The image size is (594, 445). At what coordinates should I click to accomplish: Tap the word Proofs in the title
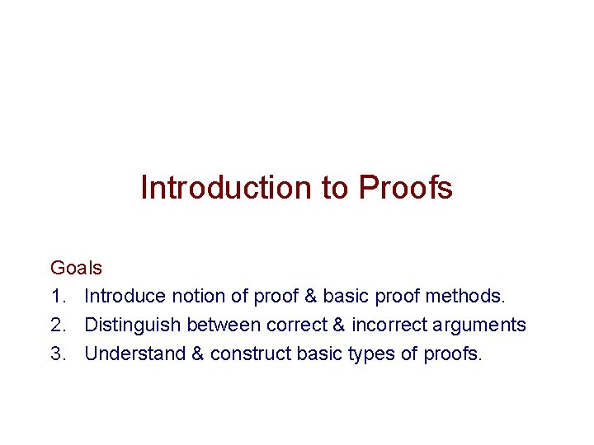coord(406,188)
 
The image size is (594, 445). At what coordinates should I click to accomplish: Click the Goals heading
coord(77,268)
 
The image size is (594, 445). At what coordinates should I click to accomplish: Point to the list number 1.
coord(57,296)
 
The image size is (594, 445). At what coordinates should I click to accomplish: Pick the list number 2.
coord(57,325)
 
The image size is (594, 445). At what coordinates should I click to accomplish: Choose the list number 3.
coord(57,354)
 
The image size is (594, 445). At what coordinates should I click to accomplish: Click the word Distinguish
coord(133,325)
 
